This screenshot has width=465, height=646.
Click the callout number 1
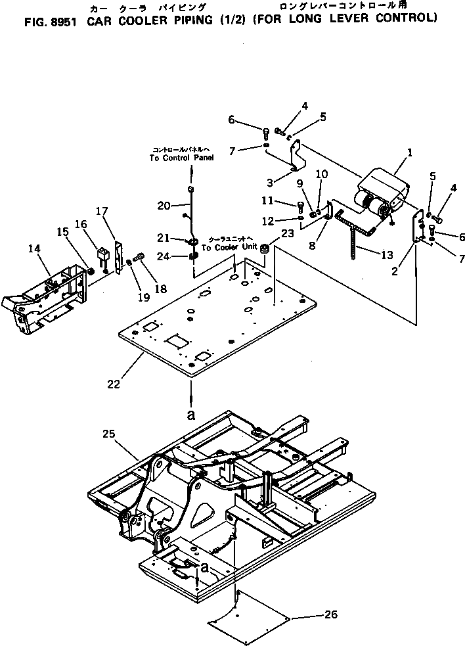click(x=409, y=152)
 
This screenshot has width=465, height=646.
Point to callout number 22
click(x=114, y=384)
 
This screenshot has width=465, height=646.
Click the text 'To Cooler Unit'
click(x=231, y=248)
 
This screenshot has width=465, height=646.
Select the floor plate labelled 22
click(x=217, y=322)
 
